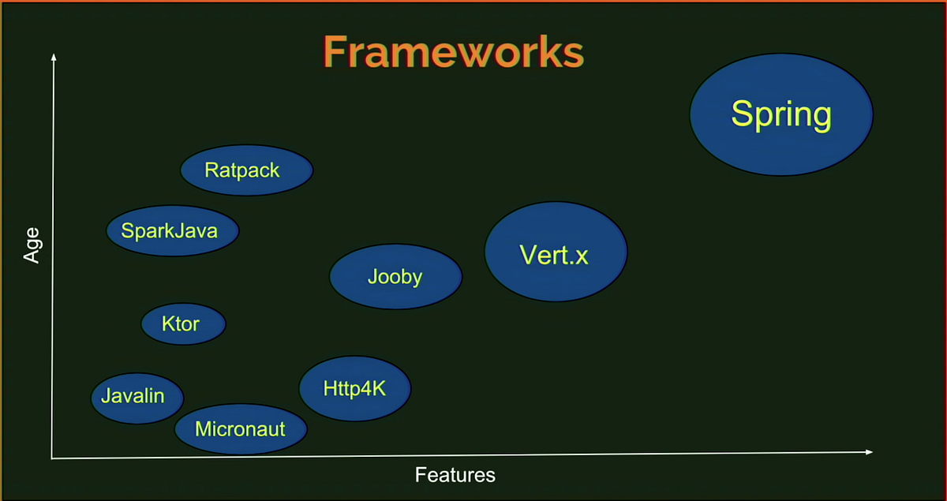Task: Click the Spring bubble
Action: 781,114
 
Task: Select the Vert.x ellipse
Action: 556,252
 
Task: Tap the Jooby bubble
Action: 395,277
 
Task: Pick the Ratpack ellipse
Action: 246,170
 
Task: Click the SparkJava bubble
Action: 172,231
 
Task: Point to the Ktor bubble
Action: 183,323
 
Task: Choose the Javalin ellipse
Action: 137,396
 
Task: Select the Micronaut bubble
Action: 241,429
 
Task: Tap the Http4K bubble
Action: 354,388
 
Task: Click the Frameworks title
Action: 453,52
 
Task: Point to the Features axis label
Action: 455,475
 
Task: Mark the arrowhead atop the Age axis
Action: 53,57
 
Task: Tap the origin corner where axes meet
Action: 52,458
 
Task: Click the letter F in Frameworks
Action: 335,53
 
